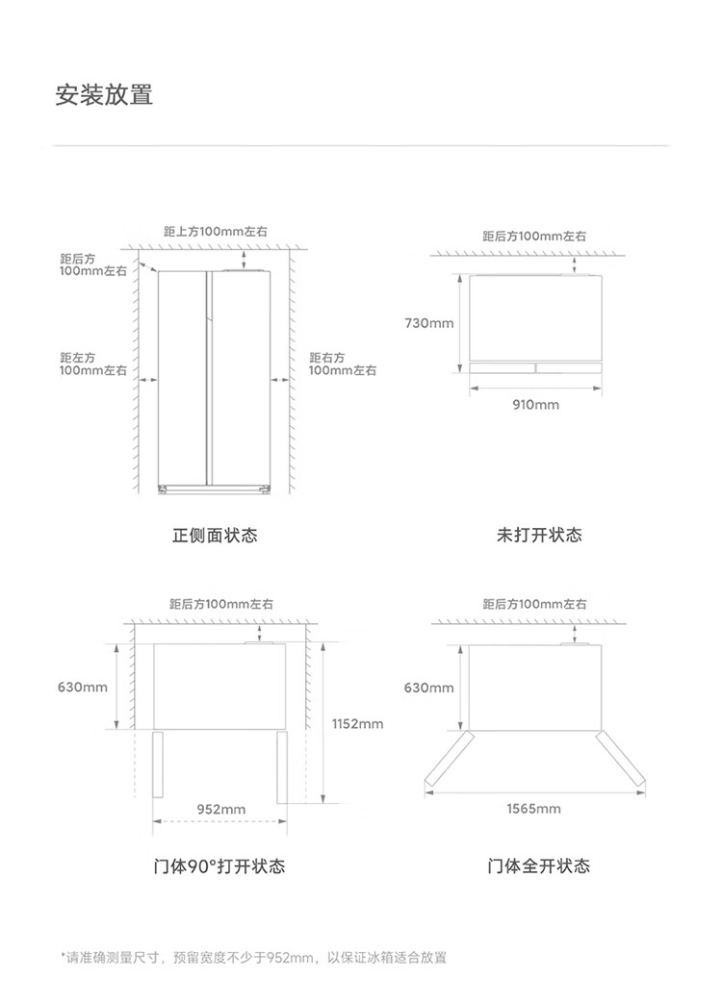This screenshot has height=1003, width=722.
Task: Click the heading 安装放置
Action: pos(104,95)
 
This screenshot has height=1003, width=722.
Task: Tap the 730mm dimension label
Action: pos(429,323)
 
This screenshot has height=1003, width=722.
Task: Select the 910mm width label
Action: pos(534,405)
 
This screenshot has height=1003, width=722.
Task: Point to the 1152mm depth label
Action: pos(357,724)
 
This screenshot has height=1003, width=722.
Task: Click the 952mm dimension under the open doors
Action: pos(220,810)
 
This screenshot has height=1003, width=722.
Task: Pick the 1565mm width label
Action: pos(533,809)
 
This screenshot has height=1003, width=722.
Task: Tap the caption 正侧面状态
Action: pos(215,535)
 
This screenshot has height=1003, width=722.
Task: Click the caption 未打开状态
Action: pos(539,535)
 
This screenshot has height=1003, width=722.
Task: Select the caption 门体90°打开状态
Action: pos(219,866)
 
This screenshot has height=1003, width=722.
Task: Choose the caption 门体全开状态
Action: pos(538,866)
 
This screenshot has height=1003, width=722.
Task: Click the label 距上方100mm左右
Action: pos(216,233)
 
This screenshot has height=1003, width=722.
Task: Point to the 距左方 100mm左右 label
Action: pos(92,364)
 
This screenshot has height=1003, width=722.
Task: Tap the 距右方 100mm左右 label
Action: pos(343,364)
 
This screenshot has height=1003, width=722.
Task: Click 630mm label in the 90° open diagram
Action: pos(83,688)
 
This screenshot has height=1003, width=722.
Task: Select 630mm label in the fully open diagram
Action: pos(428,688)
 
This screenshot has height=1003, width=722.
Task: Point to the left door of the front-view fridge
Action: pos(182,379)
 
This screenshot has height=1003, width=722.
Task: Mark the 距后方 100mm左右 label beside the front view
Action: pos(92,265)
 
